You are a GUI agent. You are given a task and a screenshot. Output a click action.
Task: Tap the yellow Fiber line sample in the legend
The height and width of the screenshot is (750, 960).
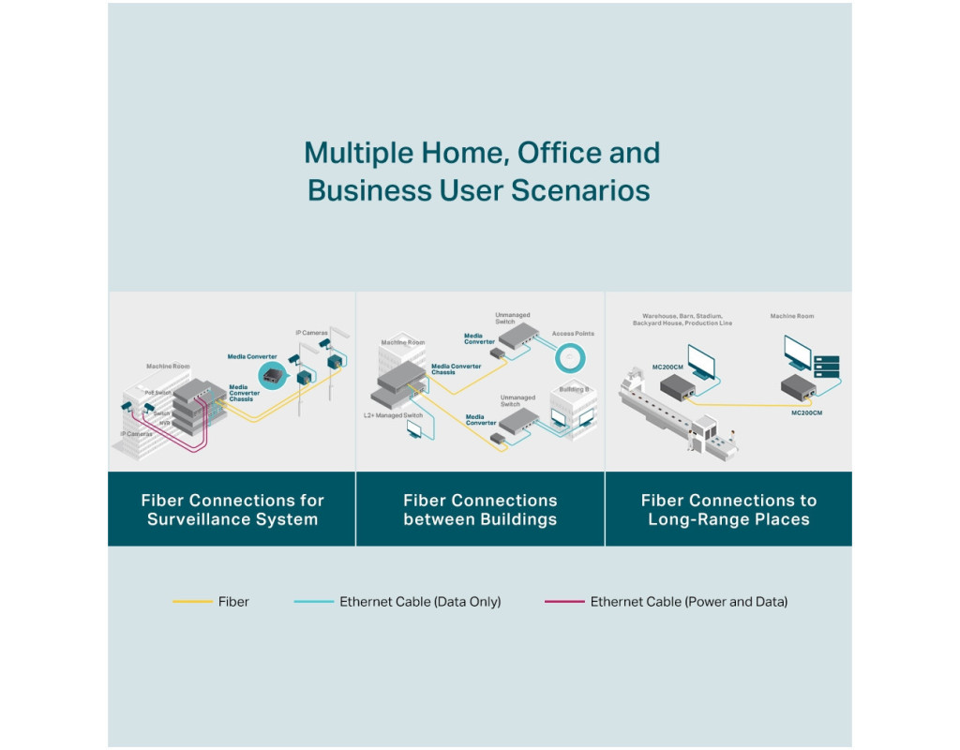192,601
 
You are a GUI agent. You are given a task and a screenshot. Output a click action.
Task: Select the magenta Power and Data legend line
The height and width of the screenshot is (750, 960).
564,601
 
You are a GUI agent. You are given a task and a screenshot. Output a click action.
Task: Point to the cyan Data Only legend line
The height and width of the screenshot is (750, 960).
313,601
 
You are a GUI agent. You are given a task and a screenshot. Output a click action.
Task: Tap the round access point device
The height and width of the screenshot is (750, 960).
570,357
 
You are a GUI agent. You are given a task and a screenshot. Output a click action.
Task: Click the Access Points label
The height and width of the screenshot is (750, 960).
573,334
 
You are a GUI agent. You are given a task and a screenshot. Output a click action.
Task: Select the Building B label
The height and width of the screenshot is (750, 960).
574,388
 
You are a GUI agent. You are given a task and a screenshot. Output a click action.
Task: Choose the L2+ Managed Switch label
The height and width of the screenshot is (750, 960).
393,414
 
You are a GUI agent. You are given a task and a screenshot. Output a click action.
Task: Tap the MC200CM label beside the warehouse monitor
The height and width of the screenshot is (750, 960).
667,366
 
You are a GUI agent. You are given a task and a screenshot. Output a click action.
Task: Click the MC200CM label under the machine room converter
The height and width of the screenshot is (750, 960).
807,412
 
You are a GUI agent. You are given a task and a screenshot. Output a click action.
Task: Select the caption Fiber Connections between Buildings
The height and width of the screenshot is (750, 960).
480,510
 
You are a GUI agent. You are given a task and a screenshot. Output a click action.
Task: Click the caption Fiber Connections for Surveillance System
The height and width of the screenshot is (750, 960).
232,510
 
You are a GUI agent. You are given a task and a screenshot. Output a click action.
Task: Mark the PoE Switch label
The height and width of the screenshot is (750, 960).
157,393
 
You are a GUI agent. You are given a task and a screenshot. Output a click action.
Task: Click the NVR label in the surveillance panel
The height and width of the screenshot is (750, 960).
164,423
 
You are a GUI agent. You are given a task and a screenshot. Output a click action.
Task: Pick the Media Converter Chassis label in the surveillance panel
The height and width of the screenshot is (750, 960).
241,393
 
